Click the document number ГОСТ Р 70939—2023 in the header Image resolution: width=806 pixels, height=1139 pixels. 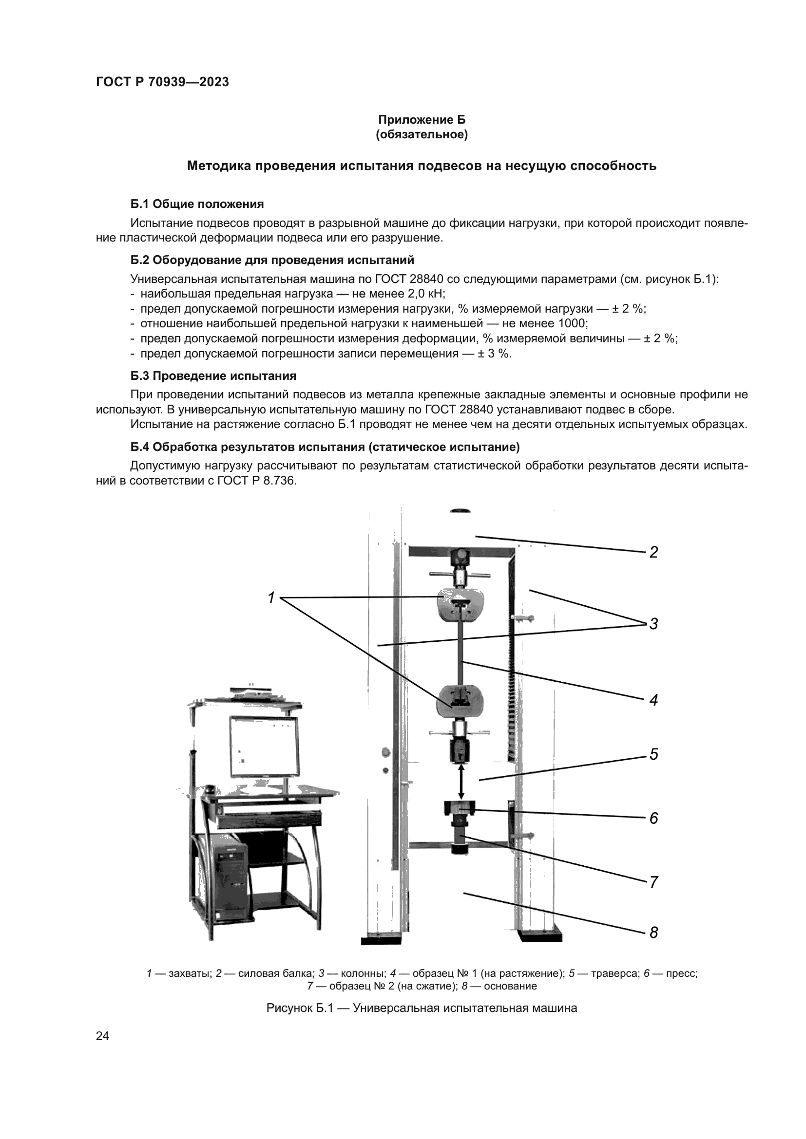(162, 82)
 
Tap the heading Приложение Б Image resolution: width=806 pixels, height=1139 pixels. (422, 120)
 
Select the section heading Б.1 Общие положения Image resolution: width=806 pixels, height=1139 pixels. (197, 204)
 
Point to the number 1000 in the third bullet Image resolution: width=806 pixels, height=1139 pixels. (572, 323)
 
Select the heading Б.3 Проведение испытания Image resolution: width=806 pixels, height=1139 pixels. (213, 375)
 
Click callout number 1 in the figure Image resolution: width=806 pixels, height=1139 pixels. (271, 598)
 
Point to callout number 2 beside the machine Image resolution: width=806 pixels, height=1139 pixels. (653, 552)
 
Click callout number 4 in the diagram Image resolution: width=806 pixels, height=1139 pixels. (653, 700)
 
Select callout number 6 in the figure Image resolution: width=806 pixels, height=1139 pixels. (653, 818)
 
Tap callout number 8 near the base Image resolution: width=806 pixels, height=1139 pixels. (653, 933)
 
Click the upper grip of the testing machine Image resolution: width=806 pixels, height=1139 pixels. (459, 604)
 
